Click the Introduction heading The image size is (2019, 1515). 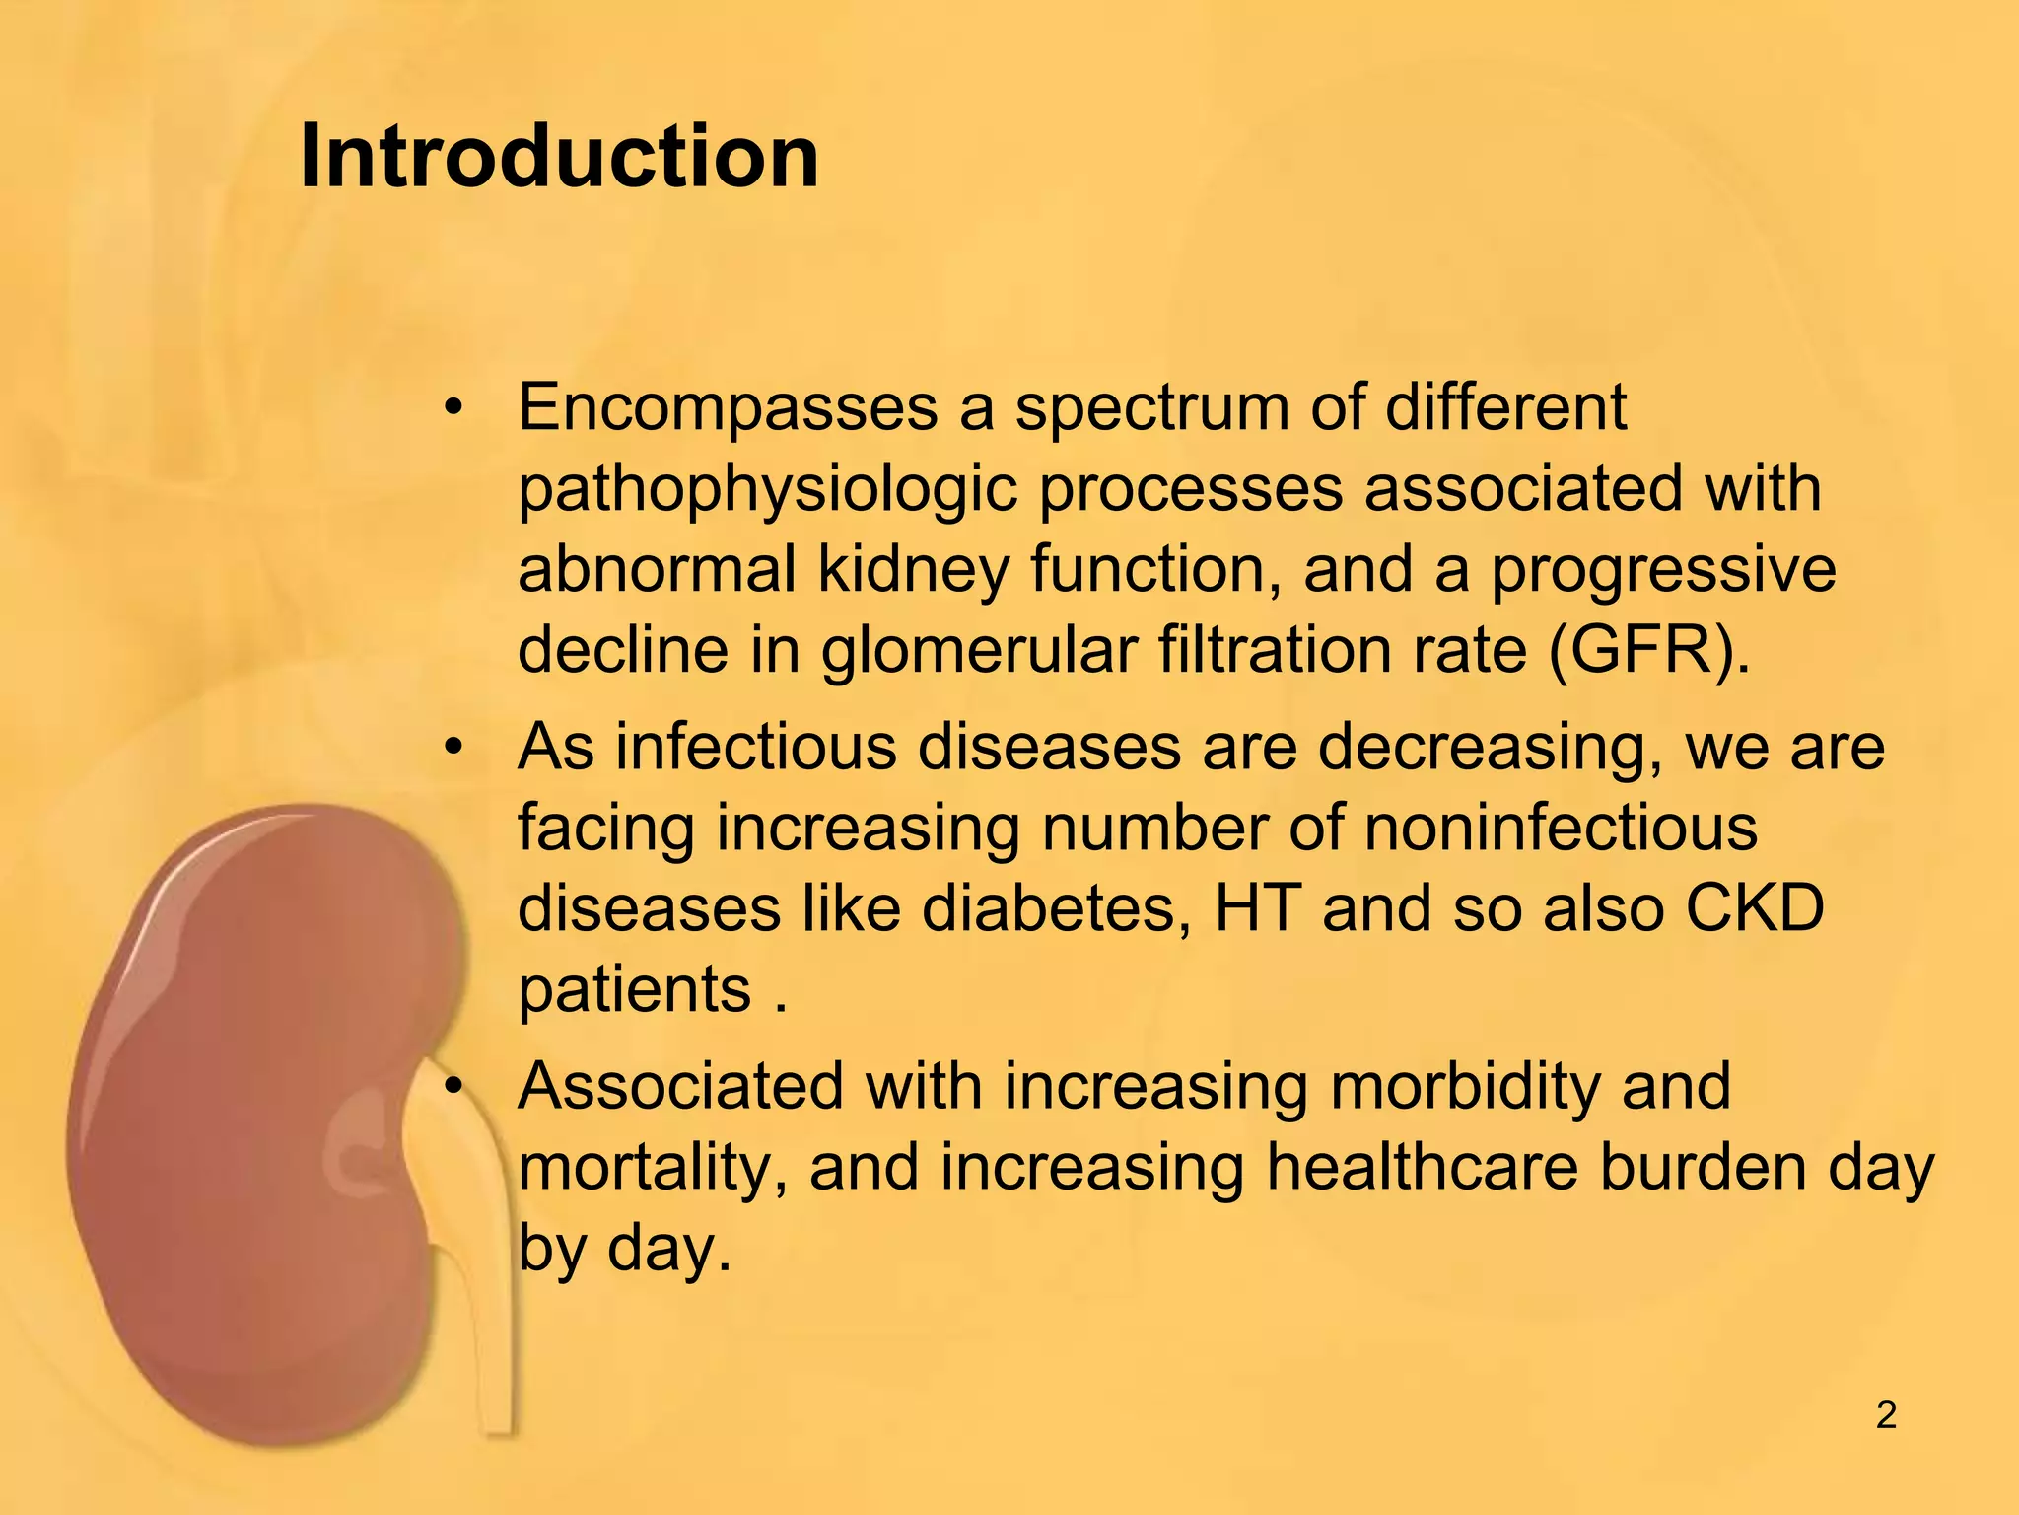(x=559, y=157)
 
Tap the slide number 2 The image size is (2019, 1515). (x=1886, y=1415)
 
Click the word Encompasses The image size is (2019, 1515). (x=728, y=407)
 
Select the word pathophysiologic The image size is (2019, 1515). (x=767, y=490)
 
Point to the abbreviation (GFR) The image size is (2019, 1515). (x=1648, y=651)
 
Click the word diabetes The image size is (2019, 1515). (x=1056, y=908)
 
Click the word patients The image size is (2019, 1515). (x=634, y=989)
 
